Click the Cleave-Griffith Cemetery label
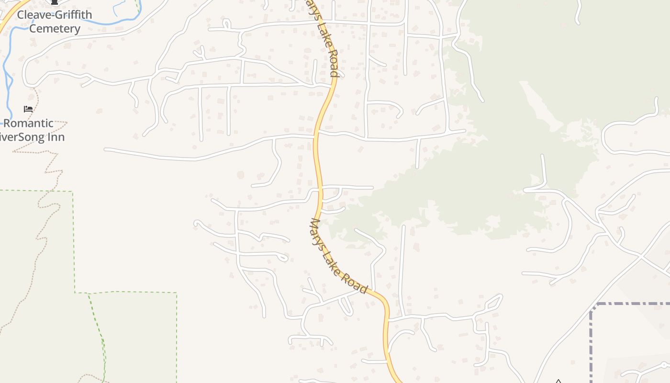(55, 22)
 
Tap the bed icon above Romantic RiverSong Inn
(28, 109)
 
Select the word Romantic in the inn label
(29, 123)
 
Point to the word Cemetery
(55, 29)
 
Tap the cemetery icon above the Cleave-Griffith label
(55, 2)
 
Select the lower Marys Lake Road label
(339, 256)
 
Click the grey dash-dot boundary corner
(593, 306)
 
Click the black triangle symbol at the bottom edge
(558, 381)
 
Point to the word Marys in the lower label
(319, 232)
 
